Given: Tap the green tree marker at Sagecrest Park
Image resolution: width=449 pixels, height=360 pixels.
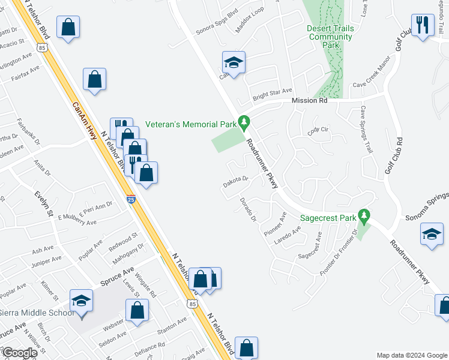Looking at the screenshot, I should click(363, 214).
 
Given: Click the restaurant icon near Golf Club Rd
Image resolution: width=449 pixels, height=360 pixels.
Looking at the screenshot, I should click(423, 25).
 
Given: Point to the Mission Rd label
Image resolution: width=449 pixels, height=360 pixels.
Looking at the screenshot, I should click(309, 101).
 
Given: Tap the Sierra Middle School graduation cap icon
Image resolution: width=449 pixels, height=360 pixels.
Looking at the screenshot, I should click(81, 299).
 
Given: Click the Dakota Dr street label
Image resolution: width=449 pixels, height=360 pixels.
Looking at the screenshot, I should click(236, 179).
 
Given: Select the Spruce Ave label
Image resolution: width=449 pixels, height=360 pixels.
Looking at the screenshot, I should click(117, 273).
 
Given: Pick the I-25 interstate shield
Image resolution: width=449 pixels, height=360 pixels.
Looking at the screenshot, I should click(131, 199).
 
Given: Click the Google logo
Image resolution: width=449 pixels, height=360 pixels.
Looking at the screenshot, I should click(19, 353).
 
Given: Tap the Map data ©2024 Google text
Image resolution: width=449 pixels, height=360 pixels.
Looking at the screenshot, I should click(411, 355).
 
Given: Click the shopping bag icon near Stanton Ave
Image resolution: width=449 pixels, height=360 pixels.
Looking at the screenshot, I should click(137, 310).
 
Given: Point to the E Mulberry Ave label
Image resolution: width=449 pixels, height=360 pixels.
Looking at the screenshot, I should click(77, 221).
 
